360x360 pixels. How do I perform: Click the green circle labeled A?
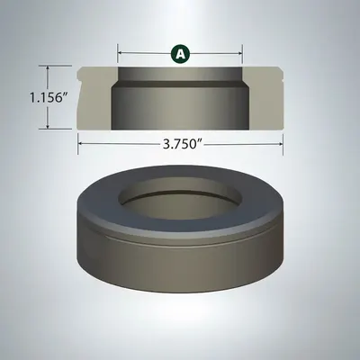[x=180, y=54]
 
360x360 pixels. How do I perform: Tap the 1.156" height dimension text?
[x=48, y=97]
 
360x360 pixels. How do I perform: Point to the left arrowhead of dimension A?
[x=120, y=53]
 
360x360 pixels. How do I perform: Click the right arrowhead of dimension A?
[x=240, y=53]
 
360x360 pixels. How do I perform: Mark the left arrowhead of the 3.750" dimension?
[x=80, y=144]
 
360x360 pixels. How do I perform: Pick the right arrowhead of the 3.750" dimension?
[x=281, y=144]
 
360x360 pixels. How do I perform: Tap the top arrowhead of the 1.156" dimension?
[x=48, y=68]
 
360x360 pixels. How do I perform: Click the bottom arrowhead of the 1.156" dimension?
[x=48, y=127]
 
